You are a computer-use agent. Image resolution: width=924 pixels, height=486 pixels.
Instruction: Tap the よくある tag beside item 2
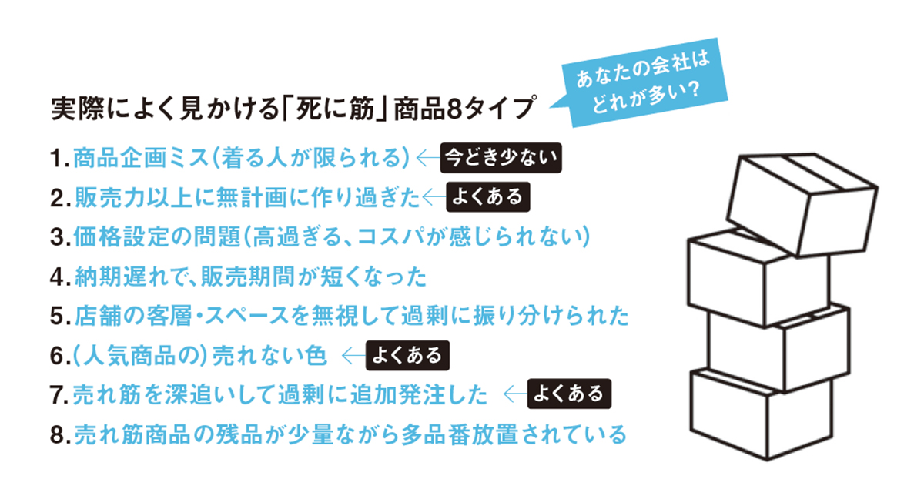click(489, 197)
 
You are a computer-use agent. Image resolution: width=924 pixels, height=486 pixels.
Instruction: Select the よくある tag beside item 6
click(407, 356)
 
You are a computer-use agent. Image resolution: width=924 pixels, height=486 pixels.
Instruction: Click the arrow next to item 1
click(426, 158)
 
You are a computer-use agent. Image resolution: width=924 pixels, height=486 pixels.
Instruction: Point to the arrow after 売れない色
click(353, 356)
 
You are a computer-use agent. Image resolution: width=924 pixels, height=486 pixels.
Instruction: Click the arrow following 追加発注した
click(514, 395)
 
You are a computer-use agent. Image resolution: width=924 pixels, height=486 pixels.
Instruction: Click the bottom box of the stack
click(762, 420)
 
